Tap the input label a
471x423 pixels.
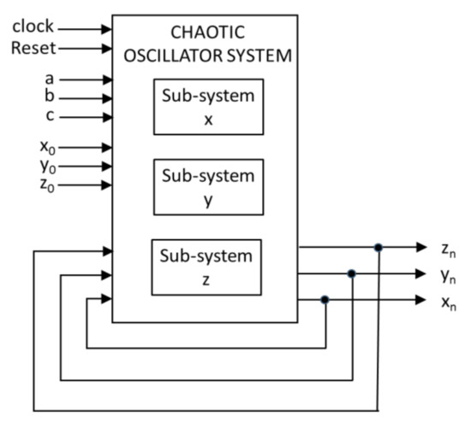click(x=50, y=79)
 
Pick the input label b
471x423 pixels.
click(x=50, y=97)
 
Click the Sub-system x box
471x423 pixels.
click(x=208, y=107)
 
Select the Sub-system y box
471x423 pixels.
click(x=208, y=187)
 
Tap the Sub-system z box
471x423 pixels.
click(x=208, y=267)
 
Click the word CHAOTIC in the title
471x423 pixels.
click(x=207, y=32)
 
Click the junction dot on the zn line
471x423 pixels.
click(x=378, y=248)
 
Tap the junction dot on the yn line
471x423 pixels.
click(x=351, y=273)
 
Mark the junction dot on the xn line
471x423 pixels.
click(x=325, y=300)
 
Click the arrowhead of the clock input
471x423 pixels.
click(x=107, y=28)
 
